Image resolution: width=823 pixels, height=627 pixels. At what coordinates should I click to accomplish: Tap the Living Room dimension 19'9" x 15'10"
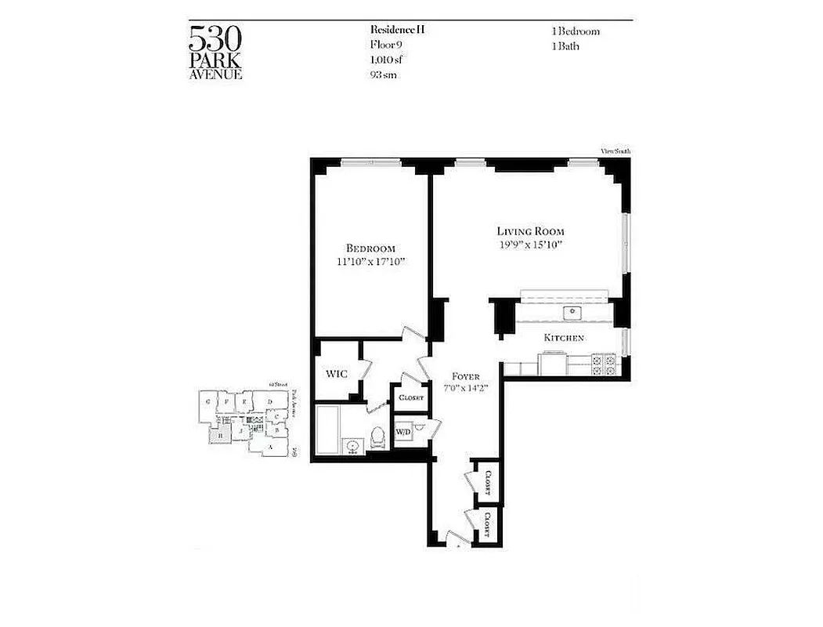pyautogui.click(x=530, y=245)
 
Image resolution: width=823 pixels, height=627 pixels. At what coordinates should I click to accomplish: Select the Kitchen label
pyautogui.click(x=564, y=338)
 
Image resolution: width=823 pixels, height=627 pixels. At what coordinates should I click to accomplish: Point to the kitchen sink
pyautogui.click(x=573, y=313)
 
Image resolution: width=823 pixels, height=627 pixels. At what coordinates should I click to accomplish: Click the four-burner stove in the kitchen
pyautogui.click(x=605, y=364)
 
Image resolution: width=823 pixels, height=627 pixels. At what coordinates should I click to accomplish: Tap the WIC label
pyautogui.click(x=336, y=373)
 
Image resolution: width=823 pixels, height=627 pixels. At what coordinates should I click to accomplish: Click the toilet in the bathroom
pyautogui.click(x=377, y=436)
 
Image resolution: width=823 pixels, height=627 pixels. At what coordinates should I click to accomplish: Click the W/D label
pyautogui.click(x=403, y=432)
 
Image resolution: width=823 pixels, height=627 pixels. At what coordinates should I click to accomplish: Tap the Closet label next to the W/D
pyautogui.click(x=410, y=397)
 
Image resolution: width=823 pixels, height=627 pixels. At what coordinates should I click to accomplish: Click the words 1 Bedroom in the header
pyautogui.click(x=576, y=31)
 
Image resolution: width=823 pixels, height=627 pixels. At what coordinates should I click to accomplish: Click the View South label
pyautogui.click(x=615, y=150)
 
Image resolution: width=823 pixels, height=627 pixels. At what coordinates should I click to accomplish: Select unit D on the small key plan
pyautogui.click(x=269, y=403)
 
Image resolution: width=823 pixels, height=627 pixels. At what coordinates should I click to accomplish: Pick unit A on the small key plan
pyautogui.click(x=271, y=448)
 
